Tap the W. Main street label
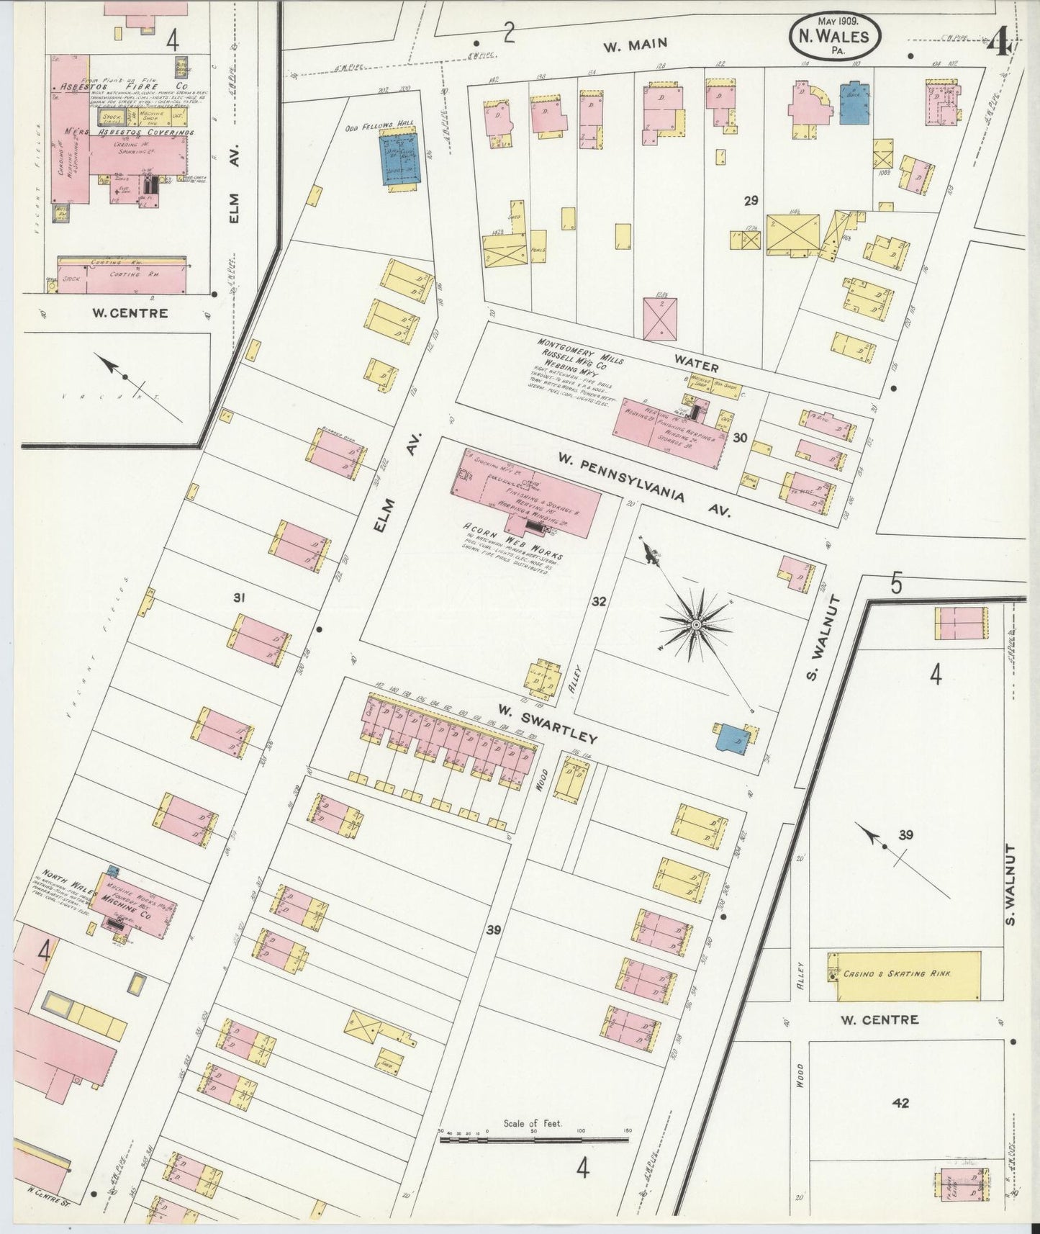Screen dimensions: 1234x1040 coord(635,45)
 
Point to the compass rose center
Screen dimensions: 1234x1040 coord(696,624)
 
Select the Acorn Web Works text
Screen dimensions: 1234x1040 coord(512,544)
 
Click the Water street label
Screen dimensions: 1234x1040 coord(696,361)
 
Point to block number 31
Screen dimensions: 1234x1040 coord(240,597)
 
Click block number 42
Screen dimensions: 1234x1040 coord(900,1102)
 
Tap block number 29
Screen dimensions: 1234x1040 coord(751,201)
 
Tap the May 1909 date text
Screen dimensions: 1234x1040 coord(836,20)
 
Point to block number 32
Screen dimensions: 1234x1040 coord(598,601)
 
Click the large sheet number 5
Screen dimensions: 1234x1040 coord(896,583)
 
